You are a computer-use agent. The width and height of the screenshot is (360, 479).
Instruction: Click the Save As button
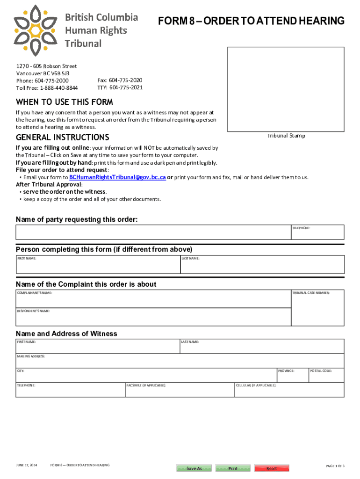pos(194,468)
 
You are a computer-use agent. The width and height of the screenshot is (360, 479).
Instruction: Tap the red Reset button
pos(272,468)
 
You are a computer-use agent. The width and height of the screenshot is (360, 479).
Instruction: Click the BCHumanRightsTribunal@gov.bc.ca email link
pos(117,177)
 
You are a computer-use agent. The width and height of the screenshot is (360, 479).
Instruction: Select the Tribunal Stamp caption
pos(286,136)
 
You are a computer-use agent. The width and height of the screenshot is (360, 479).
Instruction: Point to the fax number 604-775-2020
pos(126,80)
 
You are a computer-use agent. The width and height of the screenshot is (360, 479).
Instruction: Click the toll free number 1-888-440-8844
pos(59,88)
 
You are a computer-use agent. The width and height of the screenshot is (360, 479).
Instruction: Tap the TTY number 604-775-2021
pos(126,87)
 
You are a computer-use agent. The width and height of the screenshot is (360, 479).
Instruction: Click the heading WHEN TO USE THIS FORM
pos(65,102)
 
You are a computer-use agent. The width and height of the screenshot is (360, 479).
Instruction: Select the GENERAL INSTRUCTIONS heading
pos(63,138)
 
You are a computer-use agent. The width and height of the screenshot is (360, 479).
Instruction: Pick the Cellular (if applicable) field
pos(289,392)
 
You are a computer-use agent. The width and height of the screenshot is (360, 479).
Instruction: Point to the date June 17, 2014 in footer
pos(27,465)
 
